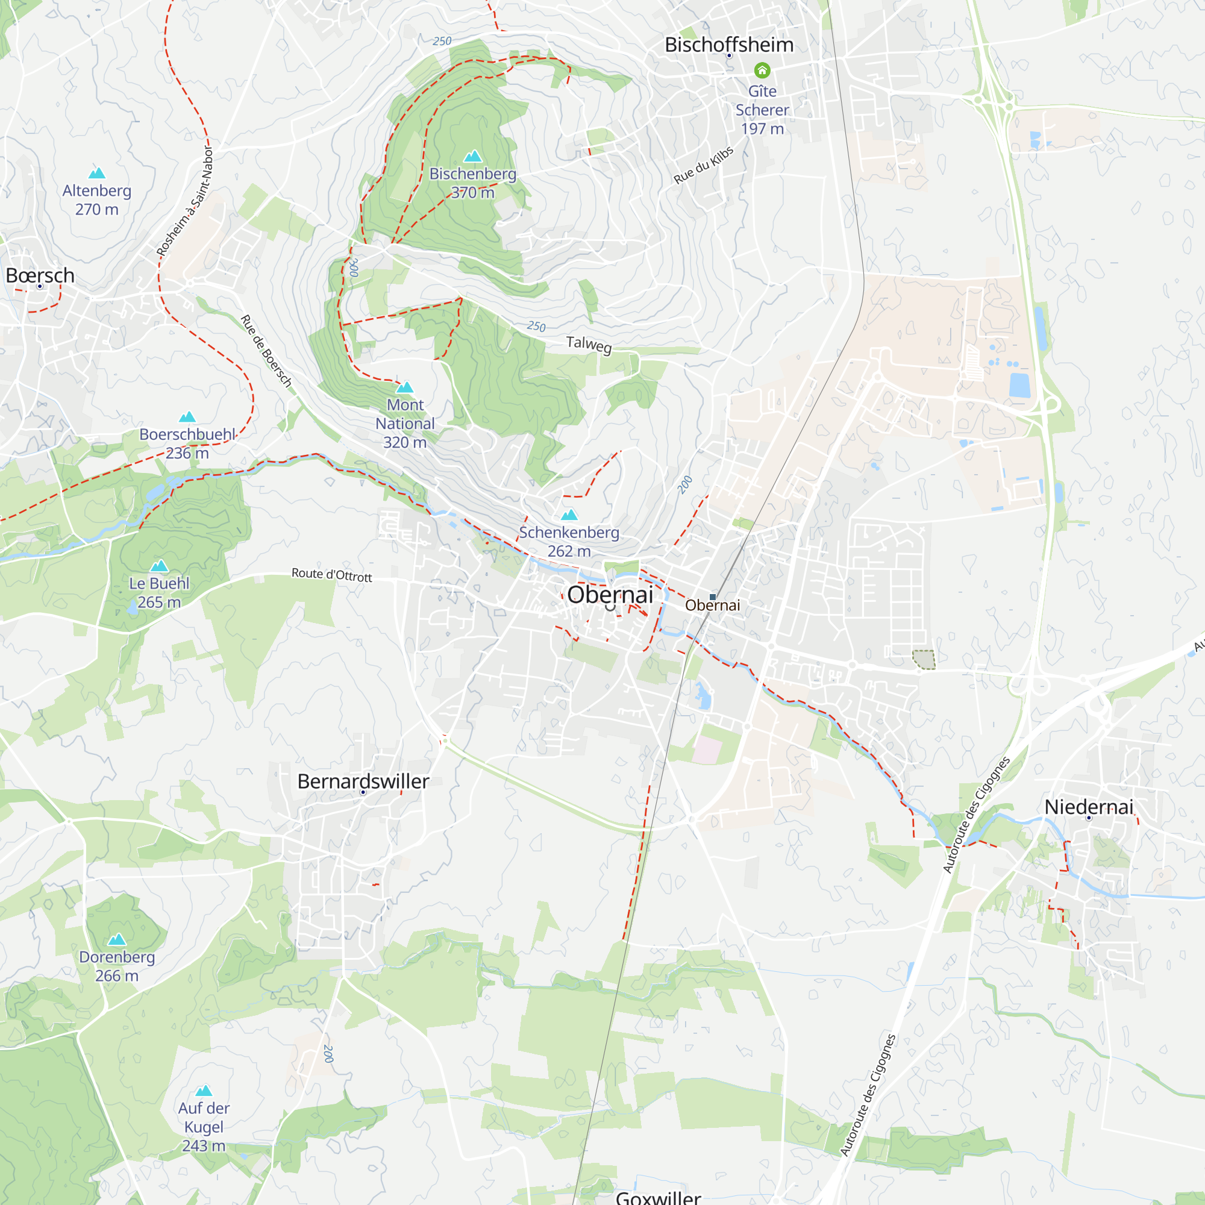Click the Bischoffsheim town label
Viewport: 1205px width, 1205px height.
point(728,45)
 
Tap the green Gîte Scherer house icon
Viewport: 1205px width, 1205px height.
point(762,70)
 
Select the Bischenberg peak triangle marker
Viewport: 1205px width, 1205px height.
point(473,156)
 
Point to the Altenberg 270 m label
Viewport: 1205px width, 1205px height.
point(96,199)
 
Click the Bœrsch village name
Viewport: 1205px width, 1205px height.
point(40,275)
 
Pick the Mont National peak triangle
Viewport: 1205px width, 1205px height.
point(405,387)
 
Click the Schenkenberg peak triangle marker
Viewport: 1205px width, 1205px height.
point(569,515)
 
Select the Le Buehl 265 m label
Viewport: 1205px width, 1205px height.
point(159,592)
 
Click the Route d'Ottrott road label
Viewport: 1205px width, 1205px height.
point(332,574)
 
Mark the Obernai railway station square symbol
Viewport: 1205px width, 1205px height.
point(713,597)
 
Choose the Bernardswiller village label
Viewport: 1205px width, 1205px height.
point(363,781)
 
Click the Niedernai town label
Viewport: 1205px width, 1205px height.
point(1088,807)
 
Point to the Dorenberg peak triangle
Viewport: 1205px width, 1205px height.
point(117,940)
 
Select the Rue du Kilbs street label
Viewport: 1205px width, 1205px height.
point(703,165)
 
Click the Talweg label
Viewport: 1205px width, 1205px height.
point(589,344)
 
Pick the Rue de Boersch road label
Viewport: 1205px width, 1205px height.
point(266,351)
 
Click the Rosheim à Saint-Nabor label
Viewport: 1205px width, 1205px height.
point(184,201)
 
